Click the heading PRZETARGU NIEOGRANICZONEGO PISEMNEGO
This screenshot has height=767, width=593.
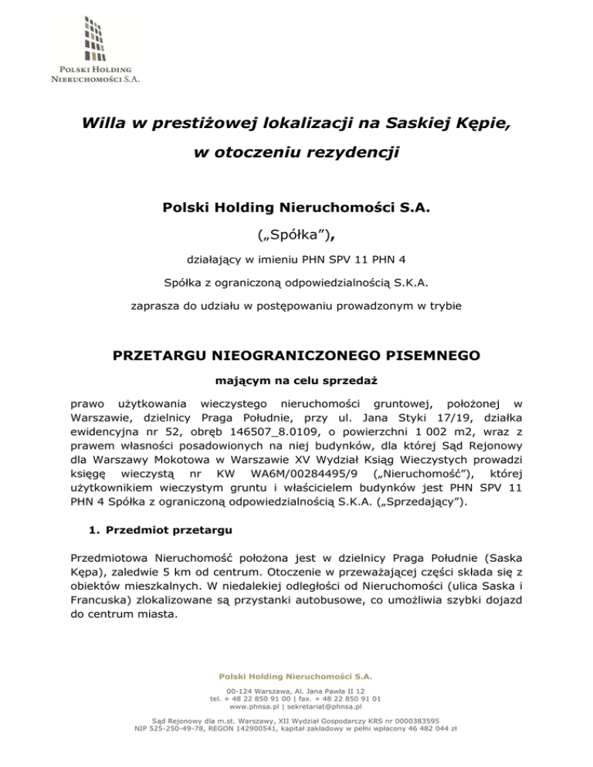tap(296, 356)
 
